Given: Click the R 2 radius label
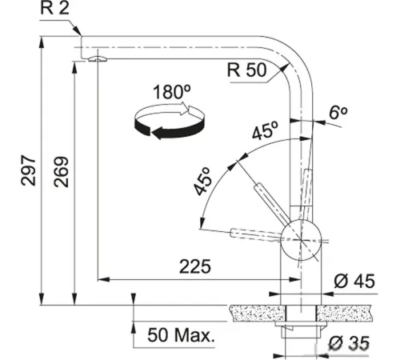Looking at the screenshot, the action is [54, 8].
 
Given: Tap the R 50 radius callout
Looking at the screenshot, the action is [246, 70].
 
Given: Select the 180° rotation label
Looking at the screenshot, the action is [172, 91].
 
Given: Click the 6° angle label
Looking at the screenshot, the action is [338, 112].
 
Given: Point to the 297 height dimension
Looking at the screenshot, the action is [28, 170].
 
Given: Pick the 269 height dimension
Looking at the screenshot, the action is [62, 172].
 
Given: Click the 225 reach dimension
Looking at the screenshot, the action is [195, 266].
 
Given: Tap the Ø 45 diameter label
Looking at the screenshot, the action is [354, 281].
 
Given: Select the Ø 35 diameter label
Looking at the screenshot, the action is [349, 343].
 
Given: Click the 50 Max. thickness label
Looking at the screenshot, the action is [181, 335].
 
